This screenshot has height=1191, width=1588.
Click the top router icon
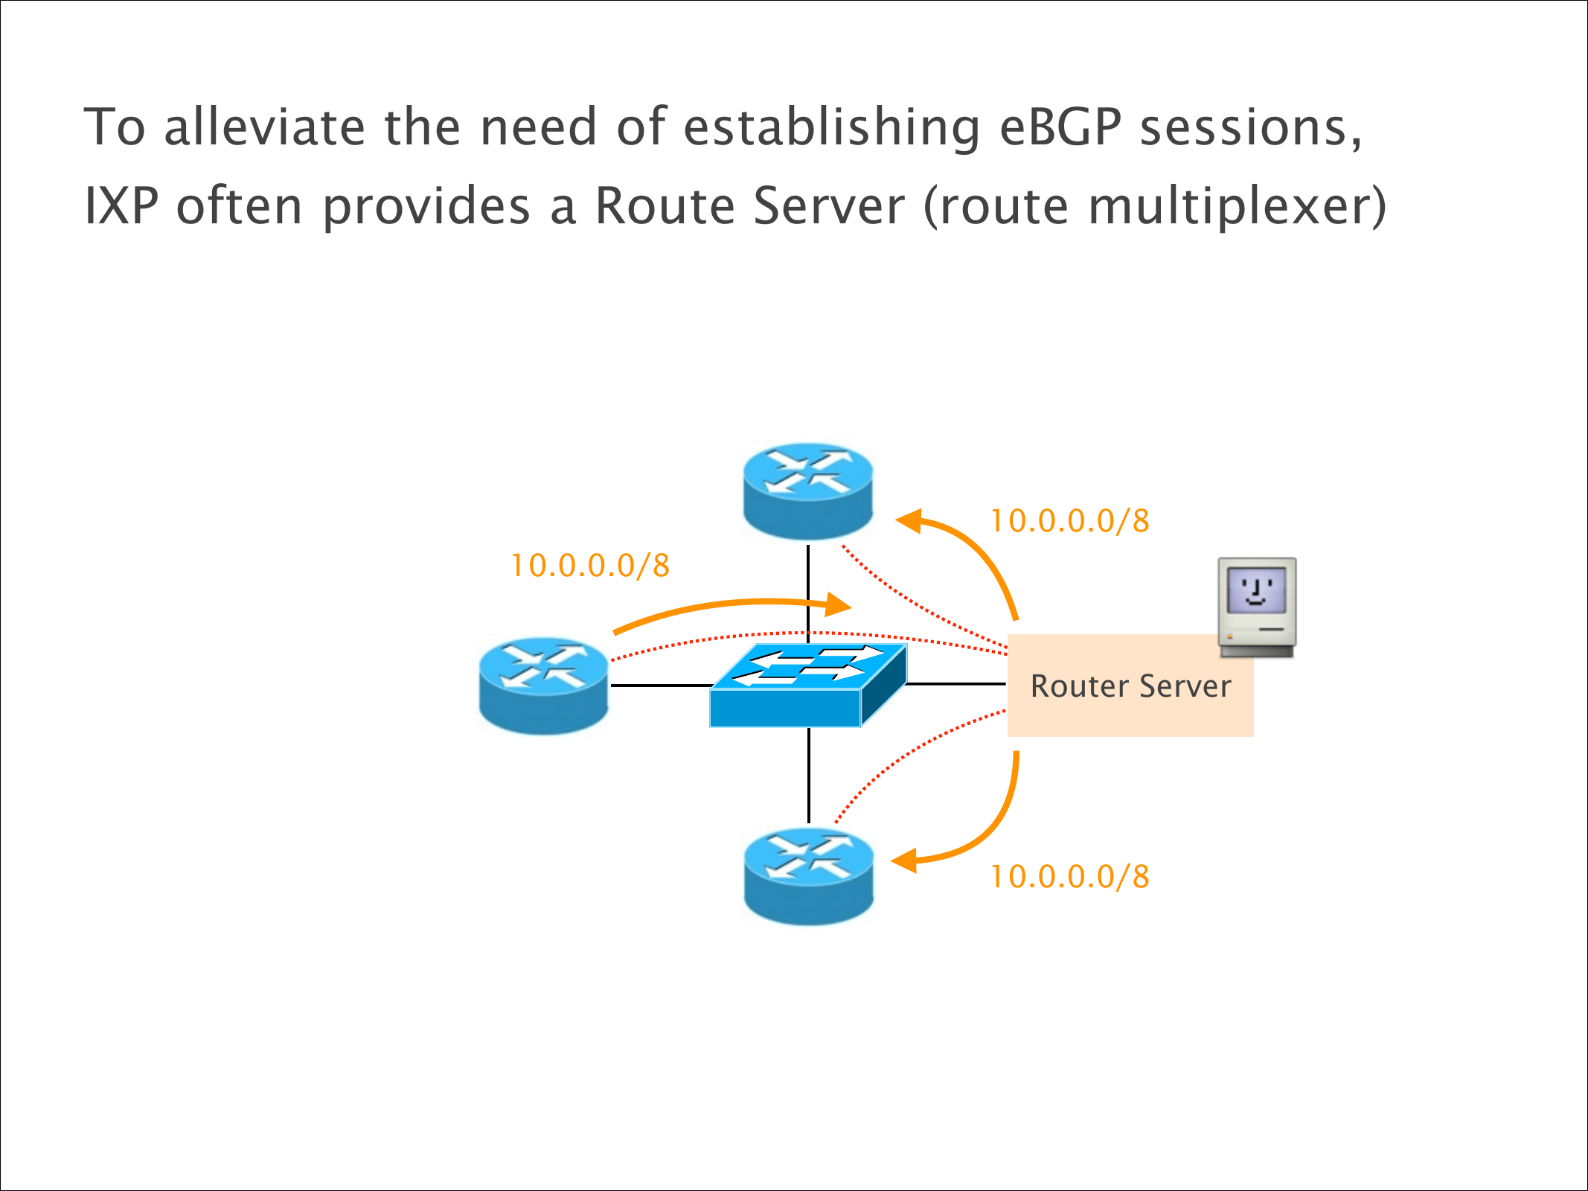pos(808,491)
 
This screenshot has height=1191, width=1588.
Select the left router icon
pos(544,686)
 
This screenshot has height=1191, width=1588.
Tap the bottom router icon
pos(809,877)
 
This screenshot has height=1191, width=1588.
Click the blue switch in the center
pos(808,685)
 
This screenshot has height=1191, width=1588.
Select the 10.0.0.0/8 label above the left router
pos(590,566)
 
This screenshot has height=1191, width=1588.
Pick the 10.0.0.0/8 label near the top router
pos(1069,521)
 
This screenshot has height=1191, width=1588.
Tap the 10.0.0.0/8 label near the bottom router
pos(1069,877)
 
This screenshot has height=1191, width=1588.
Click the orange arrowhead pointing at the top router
pos(909,520)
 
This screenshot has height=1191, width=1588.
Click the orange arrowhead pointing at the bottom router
pos(905,861)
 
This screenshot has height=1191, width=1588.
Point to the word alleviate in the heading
pos(264,127)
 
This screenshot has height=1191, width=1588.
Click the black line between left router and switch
pos(659,686)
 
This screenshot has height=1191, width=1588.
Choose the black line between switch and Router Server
pos(956,683)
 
